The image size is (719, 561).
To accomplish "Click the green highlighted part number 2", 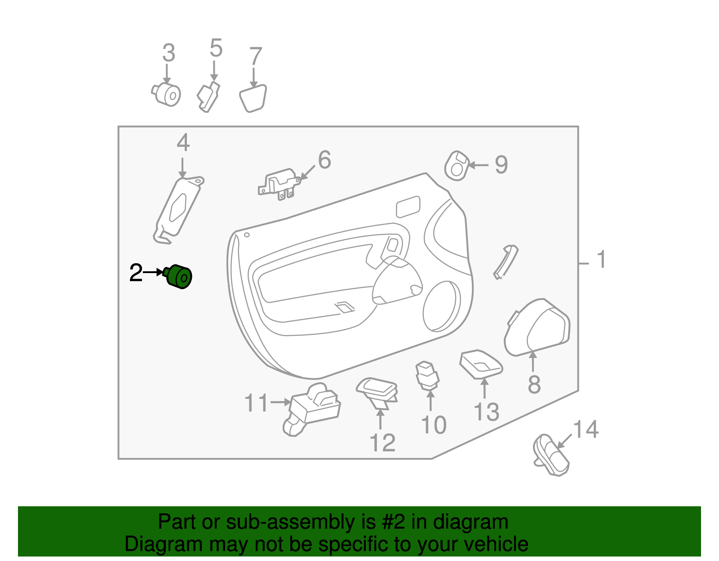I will (x=180, y=276).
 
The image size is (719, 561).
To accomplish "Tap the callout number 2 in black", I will (x=136, y=273).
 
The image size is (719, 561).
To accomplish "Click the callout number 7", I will (x=255, y=57).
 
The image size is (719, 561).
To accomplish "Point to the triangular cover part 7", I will (x=253, y=99).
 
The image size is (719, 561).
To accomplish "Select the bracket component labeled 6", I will (x=279, y=184).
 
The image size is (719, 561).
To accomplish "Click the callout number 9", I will (x=501, y=165).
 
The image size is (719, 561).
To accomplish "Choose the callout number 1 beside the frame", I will (x=601, y=260).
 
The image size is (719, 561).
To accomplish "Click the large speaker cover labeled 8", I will (x=537, y=327).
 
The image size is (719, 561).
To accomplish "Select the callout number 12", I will (x=382, y=442).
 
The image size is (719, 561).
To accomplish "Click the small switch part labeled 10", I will (x=427, y=375).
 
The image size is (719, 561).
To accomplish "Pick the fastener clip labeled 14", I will (x=551, y=455).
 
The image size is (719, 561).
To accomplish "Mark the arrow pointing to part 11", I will (x=281, y=402).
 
